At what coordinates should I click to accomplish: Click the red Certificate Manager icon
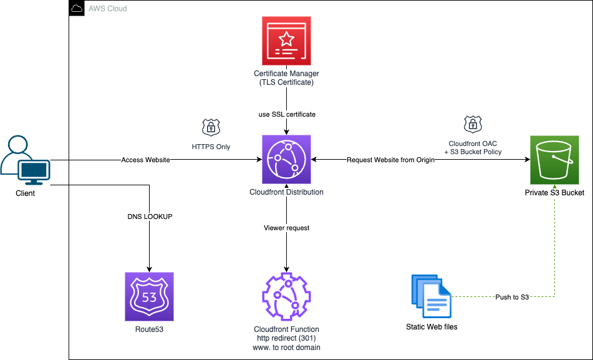coord(286,41)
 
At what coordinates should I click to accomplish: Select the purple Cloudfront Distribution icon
coord(286,159)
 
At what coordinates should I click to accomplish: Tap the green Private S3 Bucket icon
coord(554,159)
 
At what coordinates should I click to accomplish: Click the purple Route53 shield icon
coord(149,296)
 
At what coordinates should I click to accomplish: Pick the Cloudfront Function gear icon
coord(286,296)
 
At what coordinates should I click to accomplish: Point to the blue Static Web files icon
coord(431,296)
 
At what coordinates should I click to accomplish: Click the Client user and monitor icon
coord(26,160)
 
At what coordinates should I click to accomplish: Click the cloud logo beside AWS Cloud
coord(77,9)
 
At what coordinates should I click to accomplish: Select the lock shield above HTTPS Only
coord(211,127)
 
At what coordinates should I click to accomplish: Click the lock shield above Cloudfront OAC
coord(473,123)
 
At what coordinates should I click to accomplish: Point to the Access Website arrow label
coord(145,160)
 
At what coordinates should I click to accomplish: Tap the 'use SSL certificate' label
coord(286,114)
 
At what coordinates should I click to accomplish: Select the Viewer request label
coord(286,228)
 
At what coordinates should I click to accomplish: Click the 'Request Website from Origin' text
coord(390,160)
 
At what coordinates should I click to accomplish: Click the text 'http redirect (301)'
coord(286,338)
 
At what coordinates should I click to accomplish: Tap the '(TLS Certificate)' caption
coord(286,82)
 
